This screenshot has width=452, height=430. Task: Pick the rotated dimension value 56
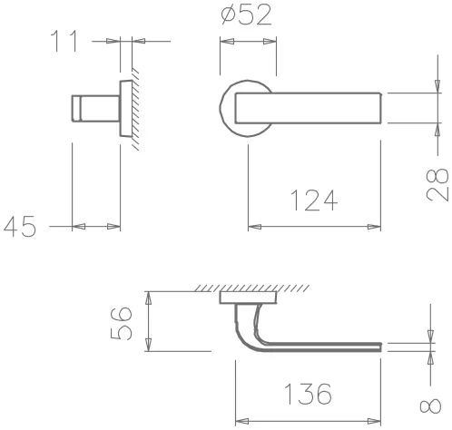[126, 321]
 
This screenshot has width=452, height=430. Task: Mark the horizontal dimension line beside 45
[95, 226]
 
